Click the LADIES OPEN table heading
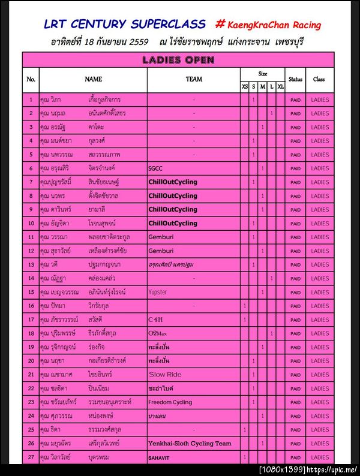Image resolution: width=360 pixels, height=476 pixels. point(178,60)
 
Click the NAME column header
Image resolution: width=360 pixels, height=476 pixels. point(93,79)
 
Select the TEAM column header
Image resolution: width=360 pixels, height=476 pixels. point(194,79)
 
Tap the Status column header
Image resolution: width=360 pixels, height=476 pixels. point(295,79)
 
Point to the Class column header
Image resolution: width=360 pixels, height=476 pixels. point(319,79)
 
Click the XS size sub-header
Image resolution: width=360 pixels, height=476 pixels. point(244,88)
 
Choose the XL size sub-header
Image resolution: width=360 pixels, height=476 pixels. point(281,88)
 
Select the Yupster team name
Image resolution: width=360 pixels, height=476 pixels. point(158,292)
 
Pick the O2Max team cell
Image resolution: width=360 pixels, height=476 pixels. point(158,333)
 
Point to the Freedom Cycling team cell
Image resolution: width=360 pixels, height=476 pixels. point(170,402)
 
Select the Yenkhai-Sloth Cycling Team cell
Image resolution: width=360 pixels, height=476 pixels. point(190,444)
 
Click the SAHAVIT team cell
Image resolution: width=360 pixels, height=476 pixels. point(160,457)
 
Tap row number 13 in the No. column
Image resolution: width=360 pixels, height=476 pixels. point(31,264)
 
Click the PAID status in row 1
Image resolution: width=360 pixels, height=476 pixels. point(295,100)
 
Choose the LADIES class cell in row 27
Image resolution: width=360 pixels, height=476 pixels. point(320,457)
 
